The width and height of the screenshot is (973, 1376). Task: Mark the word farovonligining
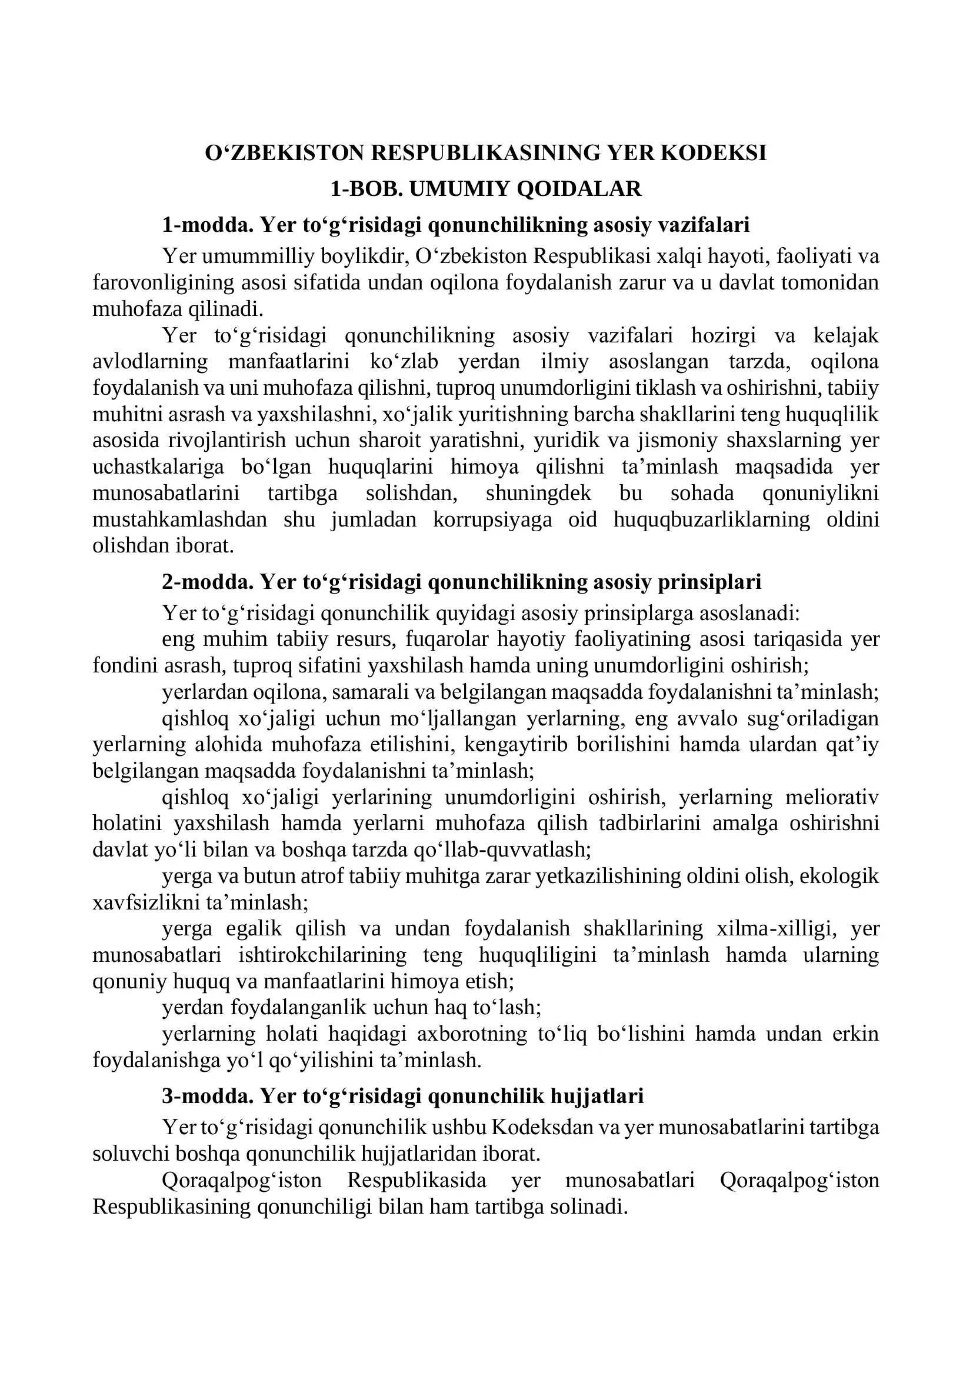click(164, 283)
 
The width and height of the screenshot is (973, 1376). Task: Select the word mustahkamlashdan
click(180, 519)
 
